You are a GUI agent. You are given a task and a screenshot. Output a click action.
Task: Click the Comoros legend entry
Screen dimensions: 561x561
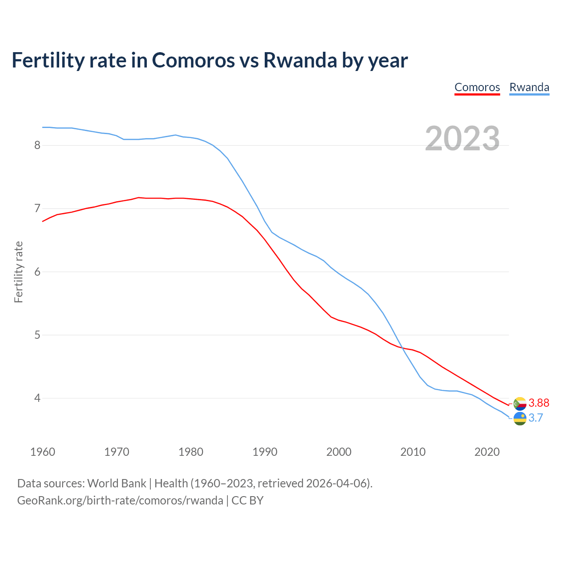[477, 87]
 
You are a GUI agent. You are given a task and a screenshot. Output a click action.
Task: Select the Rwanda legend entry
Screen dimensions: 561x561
[529, 87]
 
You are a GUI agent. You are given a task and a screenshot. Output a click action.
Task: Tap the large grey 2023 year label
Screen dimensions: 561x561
[462, 138]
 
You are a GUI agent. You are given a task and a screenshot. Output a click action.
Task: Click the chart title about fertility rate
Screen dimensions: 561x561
[209, 60]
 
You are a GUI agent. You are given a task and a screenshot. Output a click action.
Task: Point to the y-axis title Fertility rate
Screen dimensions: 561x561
[18, 272]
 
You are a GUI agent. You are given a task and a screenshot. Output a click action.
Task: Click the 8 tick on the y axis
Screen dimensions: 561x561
[37, 145]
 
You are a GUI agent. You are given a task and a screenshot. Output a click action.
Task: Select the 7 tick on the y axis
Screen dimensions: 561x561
[37, 208]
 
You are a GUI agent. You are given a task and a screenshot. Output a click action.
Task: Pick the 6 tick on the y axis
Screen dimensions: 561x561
[37, 272]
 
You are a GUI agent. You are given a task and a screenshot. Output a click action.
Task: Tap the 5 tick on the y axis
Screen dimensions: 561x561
[37, 335]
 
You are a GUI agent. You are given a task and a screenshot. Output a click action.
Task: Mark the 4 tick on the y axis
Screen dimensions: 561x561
[37, 398]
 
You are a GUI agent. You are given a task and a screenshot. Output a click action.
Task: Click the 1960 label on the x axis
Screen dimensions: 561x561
[43, 452]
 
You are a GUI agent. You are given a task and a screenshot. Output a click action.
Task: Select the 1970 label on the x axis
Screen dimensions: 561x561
[117, 452]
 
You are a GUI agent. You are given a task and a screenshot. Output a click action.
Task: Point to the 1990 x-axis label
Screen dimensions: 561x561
[265, 452]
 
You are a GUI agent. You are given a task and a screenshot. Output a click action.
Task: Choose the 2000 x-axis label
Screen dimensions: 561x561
[339, 452]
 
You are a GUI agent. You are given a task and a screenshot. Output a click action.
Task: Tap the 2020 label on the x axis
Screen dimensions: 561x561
[487, 452]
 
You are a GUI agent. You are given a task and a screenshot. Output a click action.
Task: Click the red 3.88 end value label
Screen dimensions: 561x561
[539, 403]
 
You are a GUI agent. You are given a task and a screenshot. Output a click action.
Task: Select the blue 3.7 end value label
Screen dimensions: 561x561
[536, 418]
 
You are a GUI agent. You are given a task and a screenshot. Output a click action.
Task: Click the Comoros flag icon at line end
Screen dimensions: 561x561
[520, 404]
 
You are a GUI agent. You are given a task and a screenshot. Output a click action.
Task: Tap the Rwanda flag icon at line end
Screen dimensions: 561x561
[520, 419]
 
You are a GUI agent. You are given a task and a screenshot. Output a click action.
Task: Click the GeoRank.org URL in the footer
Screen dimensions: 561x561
[120, 501]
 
